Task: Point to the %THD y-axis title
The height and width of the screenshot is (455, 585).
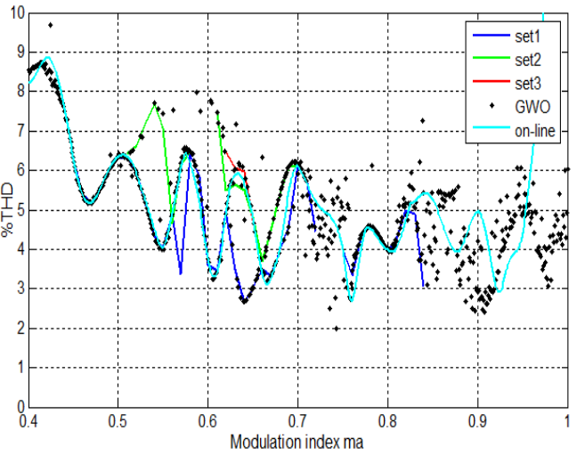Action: click(x=8, y=209)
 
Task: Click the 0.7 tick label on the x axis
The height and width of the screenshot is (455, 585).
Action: click(x=297, y=419)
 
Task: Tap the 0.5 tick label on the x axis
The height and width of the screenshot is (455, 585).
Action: click(x=118, y=419)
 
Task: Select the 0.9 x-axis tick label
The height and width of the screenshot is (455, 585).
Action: click(x=477, y=419)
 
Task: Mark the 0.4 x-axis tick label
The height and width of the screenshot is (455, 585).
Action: click(x=28, y=419)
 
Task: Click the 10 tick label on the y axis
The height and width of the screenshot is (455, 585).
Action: click(x=15, y=12)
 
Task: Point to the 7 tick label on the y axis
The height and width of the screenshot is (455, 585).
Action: click(x=19, y=131)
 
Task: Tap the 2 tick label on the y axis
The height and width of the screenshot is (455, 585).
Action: click(x=19, y=328)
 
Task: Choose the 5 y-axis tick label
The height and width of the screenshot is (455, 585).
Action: click(x=19, y=210)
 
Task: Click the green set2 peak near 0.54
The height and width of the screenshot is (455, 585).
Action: click(x=155, y=105)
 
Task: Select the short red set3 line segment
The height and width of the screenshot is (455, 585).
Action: click(x=238, y=169)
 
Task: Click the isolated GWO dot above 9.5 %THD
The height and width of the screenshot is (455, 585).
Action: click(x=50, y=25)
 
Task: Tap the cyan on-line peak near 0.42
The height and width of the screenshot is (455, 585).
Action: click(x=47, y=58)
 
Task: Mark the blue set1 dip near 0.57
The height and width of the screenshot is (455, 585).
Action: click(x=181, y=272)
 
